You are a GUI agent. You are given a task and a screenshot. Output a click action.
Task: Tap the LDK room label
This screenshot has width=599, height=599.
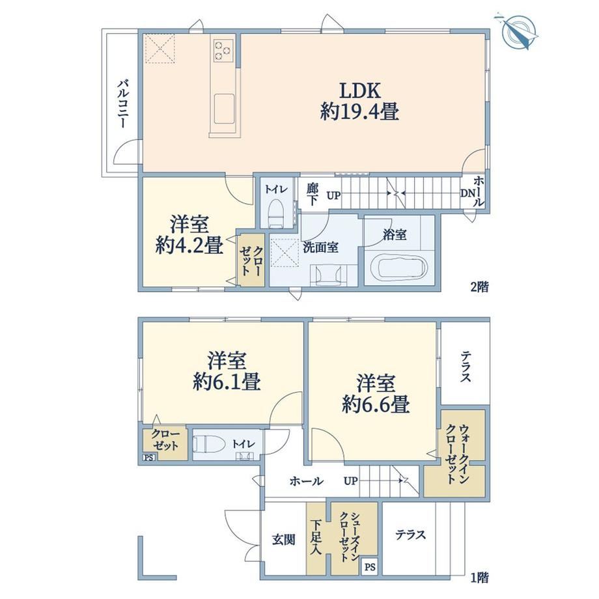[x=360, y=92]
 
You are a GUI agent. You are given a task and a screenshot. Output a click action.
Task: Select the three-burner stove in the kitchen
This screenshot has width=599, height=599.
[x=223, y=50]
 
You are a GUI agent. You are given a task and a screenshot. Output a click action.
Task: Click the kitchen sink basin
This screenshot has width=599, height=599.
[x=224, y=109]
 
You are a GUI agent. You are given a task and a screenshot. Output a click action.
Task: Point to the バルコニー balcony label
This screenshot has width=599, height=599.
[x=122, y=104]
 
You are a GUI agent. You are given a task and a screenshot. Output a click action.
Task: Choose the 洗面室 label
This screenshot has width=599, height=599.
[x=320, y=247]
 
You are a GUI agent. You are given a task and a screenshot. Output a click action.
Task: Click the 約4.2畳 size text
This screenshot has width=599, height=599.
[x=189, y=245]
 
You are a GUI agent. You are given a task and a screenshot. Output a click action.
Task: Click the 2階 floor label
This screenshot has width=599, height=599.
[x=479, y=286]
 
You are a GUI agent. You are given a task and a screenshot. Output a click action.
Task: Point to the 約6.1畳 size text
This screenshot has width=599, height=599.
[x=227, y=382]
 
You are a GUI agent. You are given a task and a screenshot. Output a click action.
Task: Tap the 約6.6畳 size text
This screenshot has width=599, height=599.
[x=376, y=404]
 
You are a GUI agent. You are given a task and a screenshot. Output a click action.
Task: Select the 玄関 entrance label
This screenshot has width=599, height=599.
[x=283, y=540]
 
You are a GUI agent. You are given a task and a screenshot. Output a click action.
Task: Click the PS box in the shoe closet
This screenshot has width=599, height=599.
[x=369, y=567]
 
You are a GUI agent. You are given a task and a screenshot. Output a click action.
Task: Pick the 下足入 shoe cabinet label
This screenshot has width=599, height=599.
[x=316, y=536]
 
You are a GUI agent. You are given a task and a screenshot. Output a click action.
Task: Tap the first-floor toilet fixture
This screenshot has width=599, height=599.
[x=208, y=445]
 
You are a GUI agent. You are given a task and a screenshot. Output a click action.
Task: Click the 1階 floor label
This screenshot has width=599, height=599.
[x=479, y=578]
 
